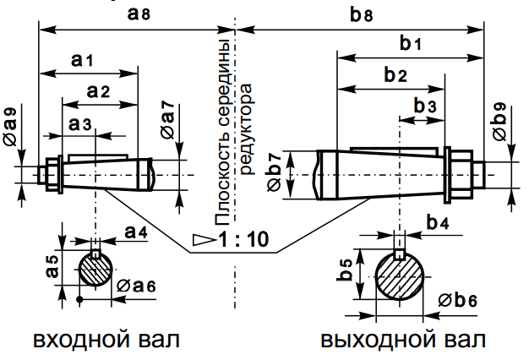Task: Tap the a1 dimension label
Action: click(83, 60)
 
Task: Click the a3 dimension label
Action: click(80, 123)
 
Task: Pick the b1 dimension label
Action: click(411, 43)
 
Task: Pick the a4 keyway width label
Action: click(135, 230)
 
